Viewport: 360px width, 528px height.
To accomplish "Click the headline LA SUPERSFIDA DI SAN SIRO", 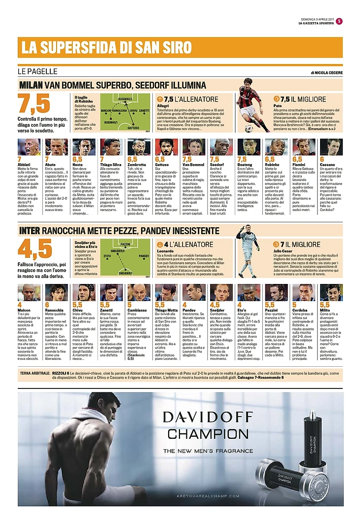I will click(106, 48).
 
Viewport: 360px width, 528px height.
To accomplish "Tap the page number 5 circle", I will click(339, 21).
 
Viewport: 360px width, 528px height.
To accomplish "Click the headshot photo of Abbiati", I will click(29, 147).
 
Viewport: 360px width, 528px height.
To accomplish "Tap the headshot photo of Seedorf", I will click(221, 147).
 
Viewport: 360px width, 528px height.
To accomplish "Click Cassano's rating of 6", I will click(322, 160).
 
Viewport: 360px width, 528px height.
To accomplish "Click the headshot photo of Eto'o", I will click(248, 292).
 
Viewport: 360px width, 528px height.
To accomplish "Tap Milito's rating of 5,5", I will click(324, 305).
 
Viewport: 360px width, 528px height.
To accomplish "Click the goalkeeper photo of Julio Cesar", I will click(248, 252).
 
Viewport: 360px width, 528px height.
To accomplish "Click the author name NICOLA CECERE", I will click(327, 72).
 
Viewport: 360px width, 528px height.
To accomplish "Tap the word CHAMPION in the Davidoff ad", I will click(207, 434).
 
